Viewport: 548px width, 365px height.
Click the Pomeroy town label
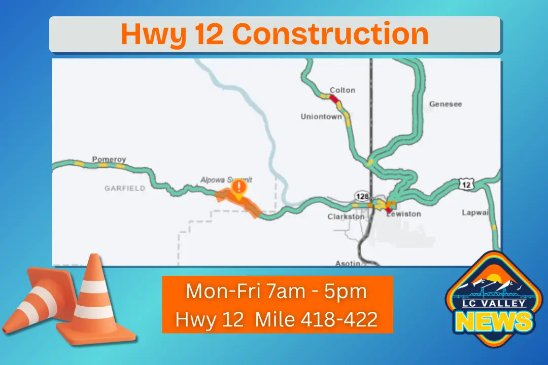pos(109,159)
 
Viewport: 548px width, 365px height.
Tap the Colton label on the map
pos(342,90)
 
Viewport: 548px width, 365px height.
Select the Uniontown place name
pos(321,117)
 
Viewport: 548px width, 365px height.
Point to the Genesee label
pos(446,104)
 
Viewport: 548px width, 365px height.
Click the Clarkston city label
pos(346,216)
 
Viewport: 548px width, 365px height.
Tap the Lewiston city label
pos(404,214)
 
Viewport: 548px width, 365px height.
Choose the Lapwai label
pos(474,212)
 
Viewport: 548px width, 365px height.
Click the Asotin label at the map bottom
pos(348,263)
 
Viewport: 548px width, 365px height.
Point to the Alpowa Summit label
pos(226,179)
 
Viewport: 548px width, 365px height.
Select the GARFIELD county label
pos(125,188)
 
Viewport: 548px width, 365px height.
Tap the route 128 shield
pos(361,196)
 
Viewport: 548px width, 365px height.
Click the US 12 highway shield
pos(466,185)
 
